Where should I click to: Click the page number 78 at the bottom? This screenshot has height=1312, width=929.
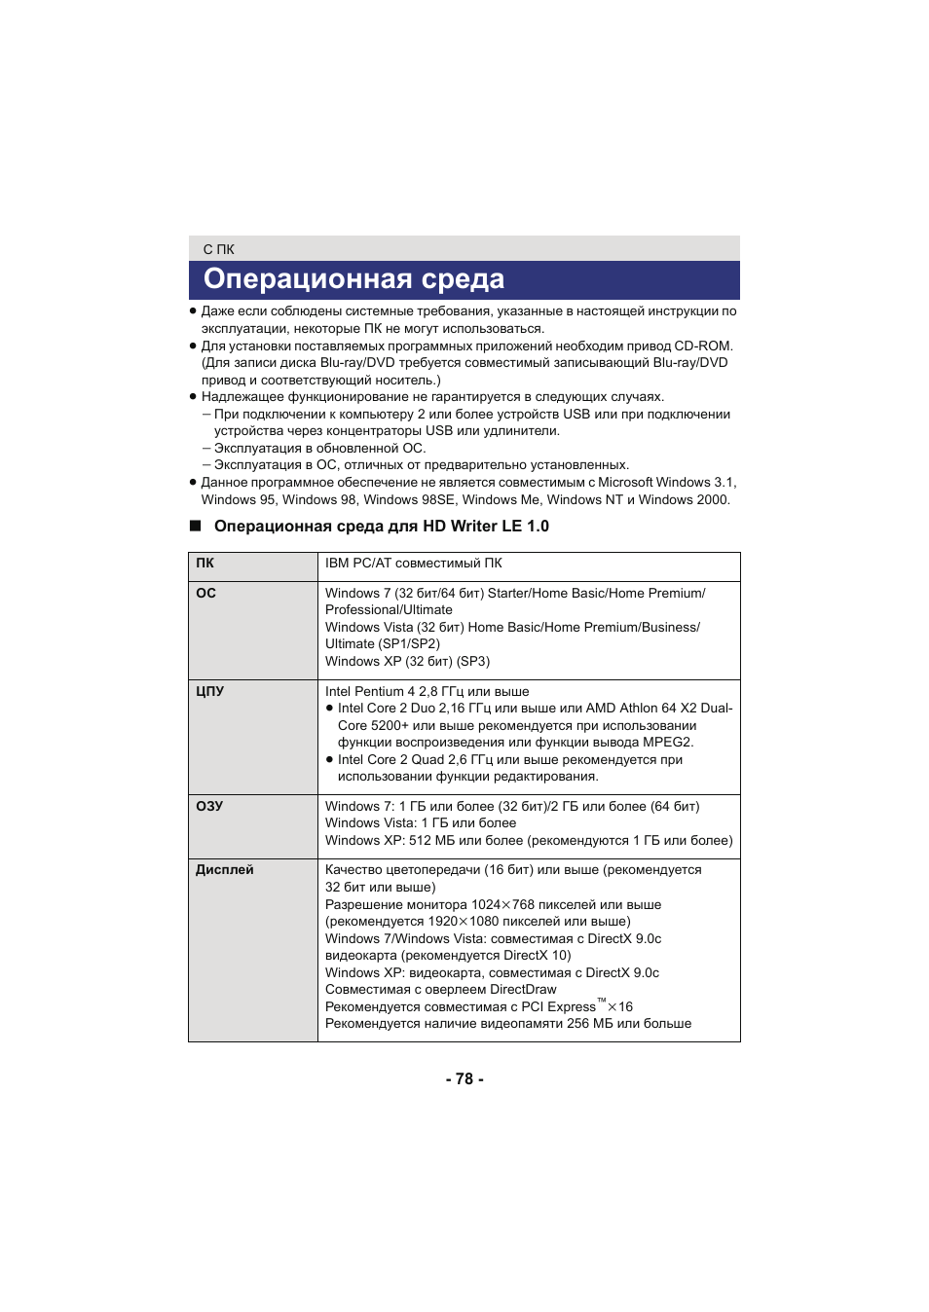464,1078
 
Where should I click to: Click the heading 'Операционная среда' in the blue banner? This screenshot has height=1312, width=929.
353,279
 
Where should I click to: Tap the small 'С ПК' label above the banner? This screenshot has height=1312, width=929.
218,249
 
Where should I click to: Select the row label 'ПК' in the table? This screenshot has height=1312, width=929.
204,563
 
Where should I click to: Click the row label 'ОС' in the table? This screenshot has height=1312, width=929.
205,593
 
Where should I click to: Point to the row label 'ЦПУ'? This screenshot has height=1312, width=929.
209,691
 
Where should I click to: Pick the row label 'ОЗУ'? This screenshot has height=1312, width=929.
209,806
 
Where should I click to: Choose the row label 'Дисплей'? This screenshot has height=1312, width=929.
224,869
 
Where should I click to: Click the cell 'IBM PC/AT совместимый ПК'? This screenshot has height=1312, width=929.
413,563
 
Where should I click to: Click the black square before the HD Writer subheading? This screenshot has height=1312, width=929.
195,526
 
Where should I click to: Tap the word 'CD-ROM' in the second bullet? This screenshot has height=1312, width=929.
701,346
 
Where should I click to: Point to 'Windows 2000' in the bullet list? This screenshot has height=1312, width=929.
683,499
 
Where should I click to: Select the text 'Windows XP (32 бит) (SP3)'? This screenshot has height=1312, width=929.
407,661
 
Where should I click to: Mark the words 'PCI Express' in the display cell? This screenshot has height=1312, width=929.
558,1006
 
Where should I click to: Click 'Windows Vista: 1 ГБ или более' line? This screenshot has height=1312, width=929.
421,822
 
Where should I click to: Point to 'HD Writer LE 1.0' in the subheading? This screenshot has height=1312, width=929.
485,526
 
